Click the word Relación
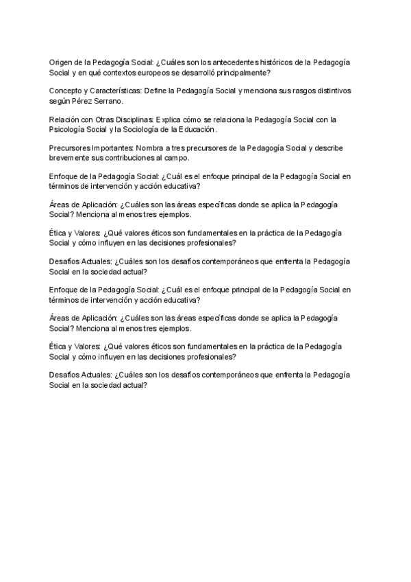(x=64, y=119)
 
